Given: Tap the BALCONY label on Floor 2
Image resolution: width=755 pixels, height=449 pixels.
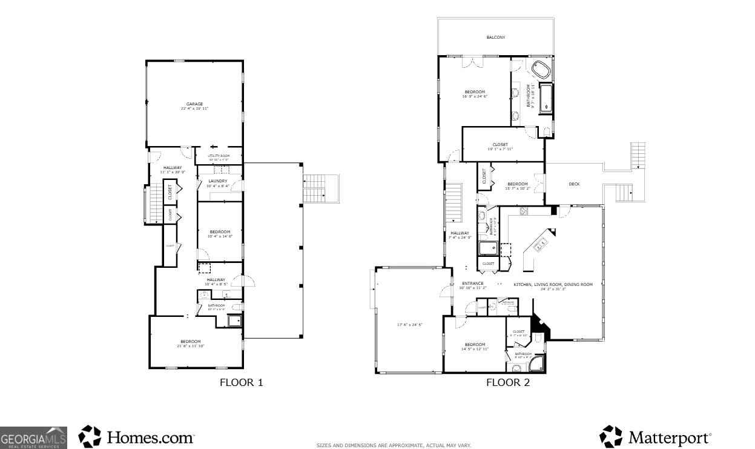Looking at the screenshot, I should pyautogui.click(x=495, y=38).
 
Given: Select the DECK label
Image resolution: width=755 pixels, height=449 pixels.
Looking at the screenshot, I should pyautogui.click(x=574, y=184).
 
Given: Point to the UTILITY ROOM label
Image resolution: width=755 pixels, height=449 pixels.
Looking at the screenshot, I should pyautogui.click(x=218, y=156).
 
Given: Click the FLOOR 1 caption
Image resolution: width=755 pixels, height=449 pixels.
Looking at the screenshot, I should pyautogui.click(x=241, y=382).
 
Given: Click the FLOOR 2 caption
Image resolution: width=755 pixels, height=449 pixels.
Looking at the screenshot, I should pyautogui.click(x=507, y=382).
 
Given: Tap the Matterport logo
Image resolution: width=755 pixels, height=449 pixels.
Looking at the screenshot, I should pyautogui.click(x=656, y=437).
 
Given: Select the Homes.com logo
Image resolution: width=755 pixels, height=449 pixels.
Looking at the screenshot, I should pyautogui.click(x=137, y=436).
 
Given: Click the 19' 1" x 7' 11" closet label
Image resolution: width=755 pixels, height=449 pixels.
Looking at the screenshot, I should pyautogui.click(x=500, y=147).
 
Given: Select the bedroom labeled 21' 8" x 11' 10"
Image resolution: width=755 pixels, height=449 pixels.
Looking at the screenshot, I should pyautogui.click(x=189, y=344).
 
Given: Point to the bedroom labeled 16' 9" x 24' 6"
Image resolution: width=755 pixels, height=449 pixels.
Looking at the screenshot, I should pyautogui.click(x=475, y=94).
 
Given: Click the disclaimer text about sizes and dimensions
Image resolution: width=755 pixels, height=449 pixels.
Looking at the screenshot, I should pyautogui.click(x=394, y=445).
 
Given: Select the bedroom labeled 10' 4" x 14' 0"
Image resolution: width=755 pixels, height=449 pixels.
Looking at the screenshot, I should pyautogui.click(x=220, y=234).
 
